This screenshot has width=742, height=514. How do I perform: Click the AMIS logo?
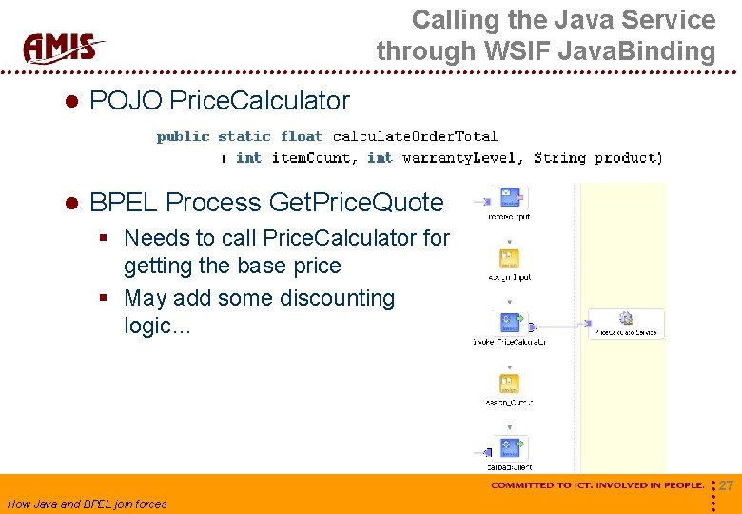coord(64,47)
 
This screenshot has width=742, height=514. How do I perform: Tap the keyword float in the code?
coord(301,137)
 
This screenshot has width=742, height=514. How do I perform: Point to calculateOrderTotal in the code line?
coord(415,137)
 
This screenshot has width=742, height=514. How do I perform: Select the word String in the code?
coord(561,158)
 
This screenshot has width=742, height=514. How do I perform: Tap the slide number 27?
coord(726,486)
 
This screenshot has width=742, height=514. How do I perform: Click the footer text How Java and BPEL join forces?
coord(87,504)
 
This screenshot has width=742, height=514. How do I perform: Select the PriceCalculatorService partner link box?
coord(625,323)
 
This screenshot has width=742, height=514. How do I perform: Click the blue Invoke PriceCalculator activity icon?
coord(510,321)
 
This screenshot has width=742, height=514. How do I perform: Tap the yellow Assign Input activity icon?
coord(510,260)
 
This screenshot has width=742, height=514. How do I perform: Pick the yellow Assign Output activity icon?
coord(510,385)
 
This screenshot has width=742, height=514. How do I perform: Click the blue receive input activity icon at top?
coord(510,198)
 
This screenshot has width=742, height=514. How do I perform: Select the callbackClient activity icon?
coord(510,448)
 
